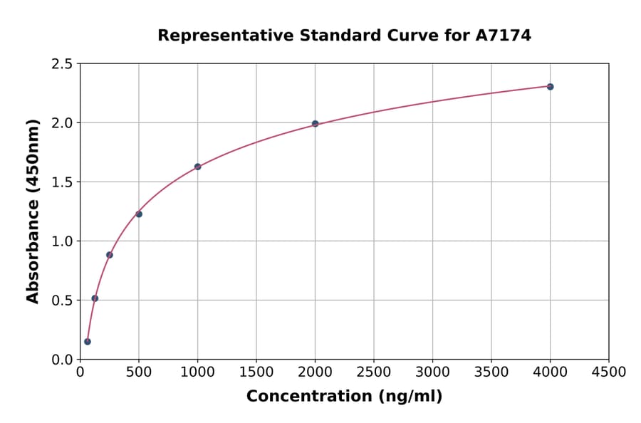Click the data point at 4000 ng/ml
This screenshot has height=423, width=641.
coord(550,86)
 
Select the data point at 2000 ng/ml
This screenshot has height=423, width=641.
coord(315,123)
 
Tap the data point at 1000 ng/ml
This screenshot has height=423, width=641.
coord(197,167)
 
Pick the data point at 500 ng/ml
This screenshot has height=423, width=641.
coord(139,214)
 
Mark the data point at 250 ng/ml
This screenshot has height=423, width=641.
coord(110,254)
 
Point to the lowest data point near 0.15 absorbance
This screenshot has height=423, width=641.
coord(88,341)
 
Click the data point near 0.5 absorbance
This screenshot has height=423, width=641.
coord(95,298)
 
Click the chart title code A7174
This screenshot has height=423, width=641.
coord(503,35)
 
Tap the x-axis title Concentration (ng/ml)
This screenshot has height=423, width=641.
coord(344,396)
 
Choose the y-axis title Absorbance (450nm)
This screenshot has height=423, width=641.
coord(33,211)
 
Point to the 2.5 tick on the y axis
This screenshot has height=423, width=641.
coord(62,64)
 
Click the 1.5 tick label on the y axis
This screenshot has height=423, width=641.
coord(62,182)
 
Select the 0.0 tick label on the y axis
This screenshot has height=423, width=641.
coord(62,360)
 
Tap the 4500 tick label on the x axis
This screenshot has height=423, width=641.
coord(608,372)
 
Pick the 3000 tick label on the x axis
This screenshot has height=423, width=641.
coord(432,372)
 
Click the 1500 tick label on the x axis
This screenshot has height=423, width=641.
coord(256,372)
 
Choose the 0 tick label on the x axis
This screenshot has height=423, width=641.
coord(80,372)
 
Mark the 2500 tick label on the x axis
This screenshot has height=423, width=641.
coord(373,372)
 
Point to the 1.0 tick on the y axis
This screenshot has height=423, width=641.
coord(62,241)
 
